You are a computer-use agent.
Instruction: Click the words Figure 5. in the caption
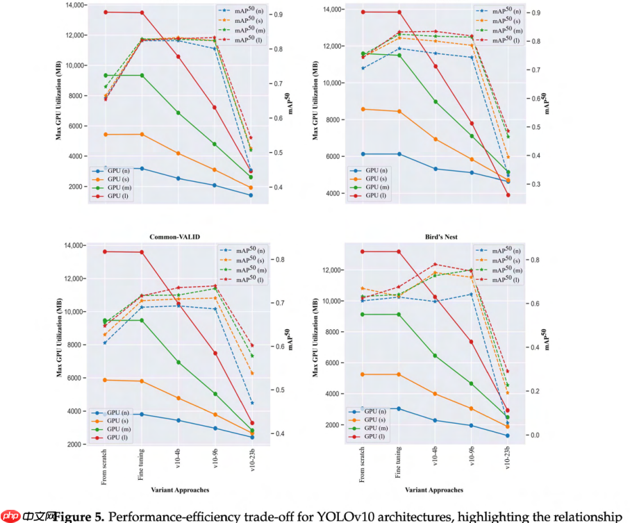point(79,517)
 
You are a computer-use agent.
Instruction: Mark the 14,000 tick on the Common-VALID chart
point(73,246)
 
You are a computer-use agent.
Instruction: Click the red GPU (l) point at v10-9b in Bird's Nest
point(471,342)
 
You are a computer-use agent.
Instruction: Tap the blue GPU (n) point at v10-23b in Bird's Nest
point(507,435)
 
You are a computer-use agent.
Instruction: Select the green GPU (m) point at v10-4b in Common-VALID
point(179,362)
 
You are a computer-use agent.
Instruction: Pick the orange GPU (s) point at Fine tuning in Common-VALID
point(142,381)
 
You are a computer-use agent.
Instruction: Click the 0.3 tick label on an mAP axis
point(536,185)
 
